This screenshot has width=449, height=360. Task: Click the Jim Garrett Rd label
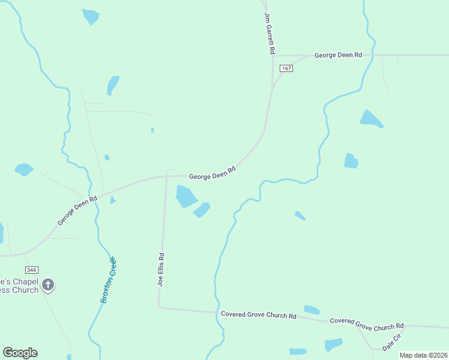(269, 34)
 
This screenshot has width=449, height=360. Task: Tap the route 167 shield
(286, 68)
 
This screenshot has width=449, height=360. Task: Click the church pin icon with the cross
(48, 285)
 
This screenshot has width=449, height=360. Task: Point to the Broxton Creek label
(108, 280)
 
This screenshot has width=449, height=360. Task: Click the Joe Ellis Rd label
(161, 269)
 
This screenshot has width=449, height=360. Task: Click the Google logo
(20, 353)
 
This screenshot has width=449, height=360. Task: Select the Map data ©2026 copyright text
(424, 355)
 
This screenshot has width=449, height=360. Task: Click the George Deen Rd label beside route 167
(338, 55)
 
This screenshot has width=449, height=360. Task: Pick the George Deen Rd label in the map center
(212, 173)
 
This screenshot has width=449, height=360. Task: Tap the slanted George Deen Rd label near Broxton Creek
(77, 211)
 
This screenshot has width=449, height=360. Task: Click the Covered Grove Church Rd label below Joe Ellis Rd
(259, 315)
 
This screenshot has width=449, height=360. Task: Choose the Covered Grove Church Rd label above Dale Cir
(367, 324)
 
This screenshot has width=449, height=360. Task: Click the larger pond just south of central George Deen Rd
(185, 195)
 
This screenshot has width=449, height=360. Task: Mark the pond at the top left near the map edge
(91, 16)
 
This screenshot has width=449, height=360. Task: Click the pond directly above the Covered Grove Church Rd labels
(312, 310)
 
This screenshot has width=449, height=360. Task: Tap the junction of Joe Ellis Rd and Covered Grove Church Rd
(160, 307)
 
